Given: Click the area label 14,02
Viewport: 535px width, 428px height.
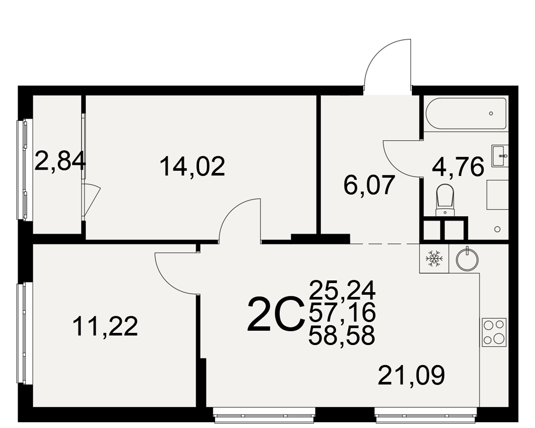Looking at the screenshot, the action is [193, 166].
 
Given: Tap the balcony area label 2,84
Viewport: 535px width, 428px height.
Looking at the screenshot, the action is [60, 162].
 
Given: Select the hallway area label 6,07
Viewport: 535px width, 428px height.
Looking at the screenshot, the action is [369, 185].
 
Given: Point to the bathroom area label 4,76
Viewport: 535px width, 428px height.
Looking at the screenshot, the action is [458, 167].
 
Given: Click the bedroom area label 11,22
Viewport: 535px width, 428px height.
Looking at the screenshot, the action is [105, 326].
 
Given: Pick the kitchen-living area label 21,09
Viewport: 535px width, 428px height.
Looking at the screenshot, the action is [411, 375].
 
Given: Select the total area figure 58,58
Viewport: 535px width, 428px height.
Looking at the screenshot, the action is [342, 335].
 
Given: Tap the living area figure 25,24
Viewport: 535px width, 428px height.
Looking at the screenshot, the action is [342, 289].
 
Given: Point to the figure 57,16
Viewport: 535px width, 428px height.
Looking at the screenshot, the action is [342, 312].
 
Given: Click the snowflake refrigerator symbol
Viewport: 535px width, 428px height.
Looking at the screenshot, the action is [434, 258].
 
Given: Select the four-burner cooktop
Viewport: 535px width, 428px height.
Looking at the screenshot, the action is [494, 331].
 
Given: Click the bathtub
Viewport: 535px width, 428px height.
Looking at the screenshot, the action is [466, 113].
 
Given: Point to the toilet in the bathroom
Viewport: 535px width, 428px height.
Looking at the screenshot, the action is [445, 200].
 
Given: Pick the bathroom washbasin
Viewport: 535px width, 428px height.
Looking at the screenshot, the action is [500, 156].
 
